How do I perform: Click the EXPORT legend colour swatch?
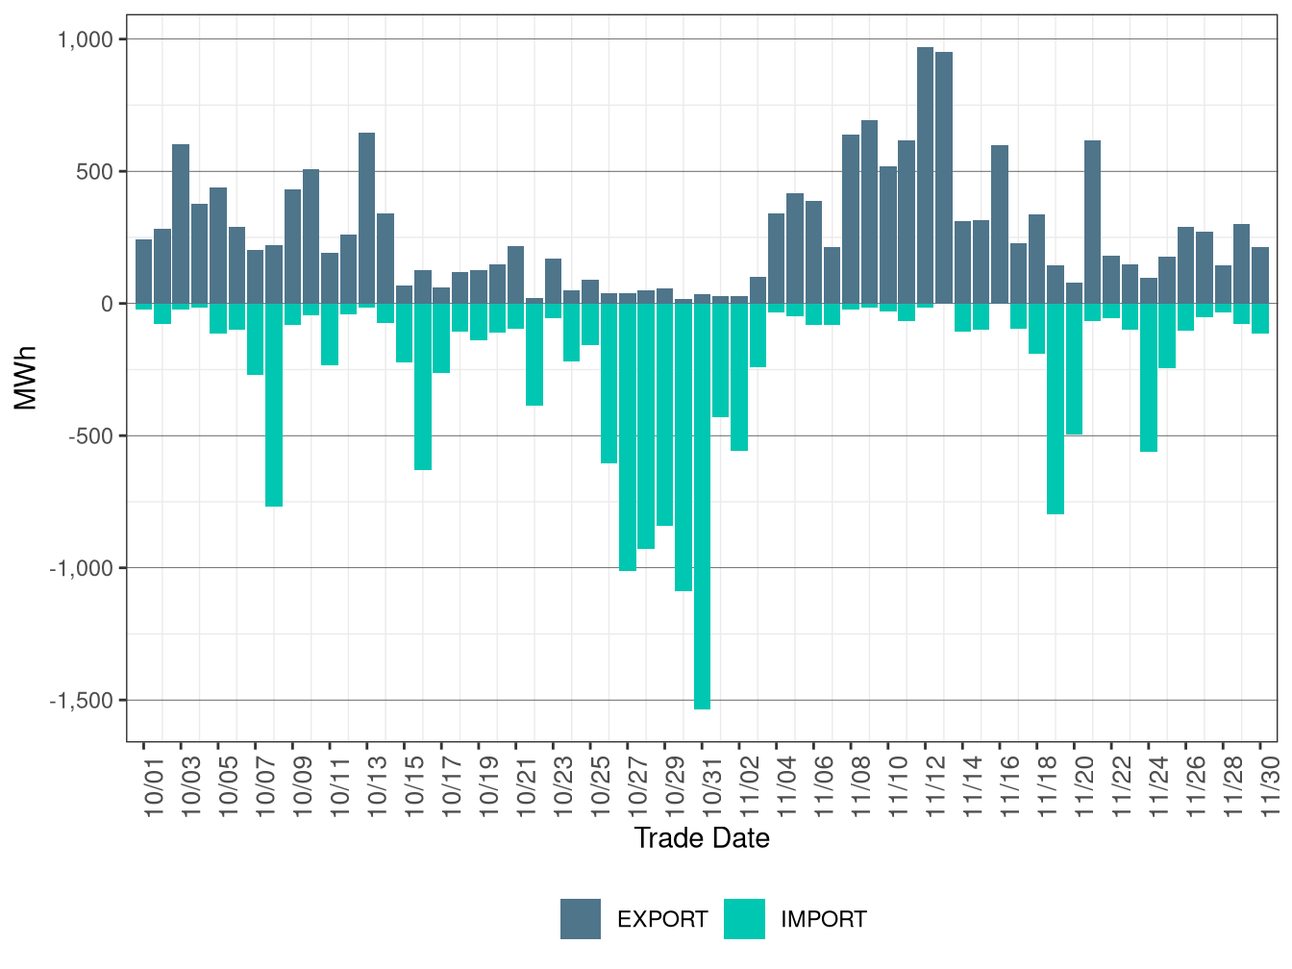click(581, 919)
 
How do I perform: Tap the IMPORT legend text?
click(823, 920)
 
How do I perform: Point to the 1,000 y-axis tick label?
click(87, 39)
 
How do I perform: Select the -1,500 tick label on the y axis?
click(82, 701)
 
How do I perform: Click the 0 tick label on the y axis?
click(107, 304)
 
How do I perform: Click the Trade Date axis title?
click(702, 838)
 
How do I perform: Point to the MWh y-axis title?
click(27, 378)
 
